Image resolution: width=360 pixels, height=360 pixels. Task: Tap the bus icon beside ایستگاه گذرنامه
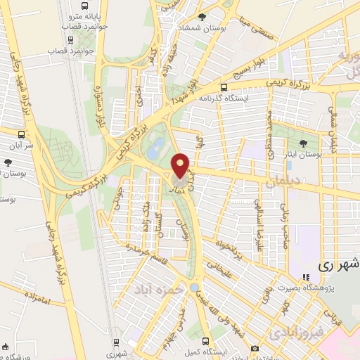pyautogui.click(x=224, y=88)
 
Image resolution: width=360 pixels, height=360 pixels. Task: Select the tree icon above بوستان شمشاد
pyautogui.click(x=202, y=17)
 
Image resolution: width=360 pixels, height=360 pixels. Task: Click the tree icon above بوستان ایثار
pyautogui.click(x=302, y=143)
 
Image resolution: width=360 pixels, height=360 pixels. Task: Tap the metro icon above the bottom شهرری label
pyautogui.click(x=116, y=342)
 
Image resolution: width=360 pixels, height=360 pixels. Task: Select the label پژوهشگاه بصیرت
pyautogui.click(x=330, y=288)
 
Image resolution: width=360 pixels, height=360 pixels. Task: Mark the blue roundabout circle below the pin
pyautogui.click(x=194, y=288)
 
